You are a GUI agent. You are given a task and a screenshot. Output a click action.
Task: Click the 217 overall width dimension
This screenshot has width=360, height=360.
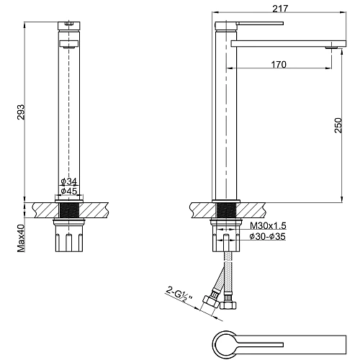pos(280,9)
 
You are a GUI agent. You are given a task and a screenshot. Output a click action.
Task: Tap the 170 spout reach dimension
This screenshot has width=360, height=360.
pos(279,64)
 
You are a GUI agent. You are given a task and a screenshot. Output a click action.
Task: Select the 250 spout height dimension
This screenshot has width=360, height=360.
pos(338,125)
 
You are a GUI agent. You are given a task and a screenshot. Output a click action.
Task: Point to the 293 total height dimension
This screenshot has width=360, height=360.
pos(21,112)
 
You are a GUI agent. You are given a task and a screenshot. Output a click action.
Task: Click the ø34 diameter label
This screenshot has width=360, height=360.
pos(69,181)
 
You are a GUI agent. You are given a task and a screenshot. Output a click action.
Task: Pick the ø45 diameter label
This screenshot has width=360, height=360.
pos(69,191)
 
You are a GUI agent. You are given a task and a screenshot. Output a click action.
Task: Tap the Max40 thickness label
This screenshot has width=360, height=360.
pos(21,238)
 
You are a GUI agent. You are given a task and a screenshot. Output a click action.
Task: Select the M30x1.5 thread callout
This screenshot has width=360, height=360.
pos(268,225)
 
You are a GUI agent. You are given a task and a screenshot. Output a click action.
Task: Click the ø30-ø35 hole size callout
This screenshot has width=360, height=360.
pos(268,236)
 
